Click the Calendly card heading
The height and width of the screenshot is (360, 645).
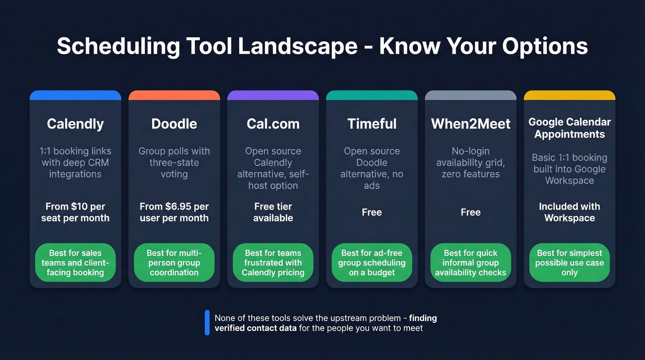(75, 124)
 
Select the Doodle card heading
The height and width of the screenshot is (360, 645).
(174, 124)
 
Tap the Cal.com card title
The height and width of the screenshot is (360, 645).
(273, 124)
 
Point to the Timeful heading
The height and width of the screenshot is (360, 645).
(372, 124)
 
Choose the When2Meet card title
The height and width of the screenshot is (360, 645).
(470, 124)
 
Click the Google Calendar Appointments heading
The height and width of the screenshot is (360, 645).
(569, 128)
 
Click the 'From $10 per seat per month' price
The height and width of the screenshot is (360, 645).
(75, 212)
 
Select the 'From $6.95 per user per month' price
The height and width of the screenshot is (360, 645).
(174, 212)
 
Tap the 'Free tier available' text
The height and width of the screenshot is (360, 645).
(273, 212)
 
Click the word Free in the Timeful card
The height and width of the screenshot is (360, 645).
(372, 212)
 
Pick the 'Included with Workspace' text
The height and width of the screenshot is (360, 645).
(569, 212)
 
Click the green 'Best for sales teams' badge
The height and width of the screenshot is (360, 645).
(75, 263)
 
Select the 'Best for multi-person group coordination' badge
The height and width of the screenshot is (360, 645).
(174, 263)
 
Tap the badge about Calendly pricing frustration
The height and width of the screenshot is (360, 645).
(273, 263)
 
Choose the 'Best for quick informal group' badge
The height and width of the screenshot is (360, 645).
(470, 263)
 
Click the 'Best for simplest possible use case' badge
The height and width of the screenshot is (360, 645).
(569, 263)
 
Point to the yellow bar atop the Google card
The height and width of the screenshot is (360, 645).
(569, 95)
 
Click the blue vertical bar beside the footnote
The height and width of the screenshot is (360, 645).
(207, 323)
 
